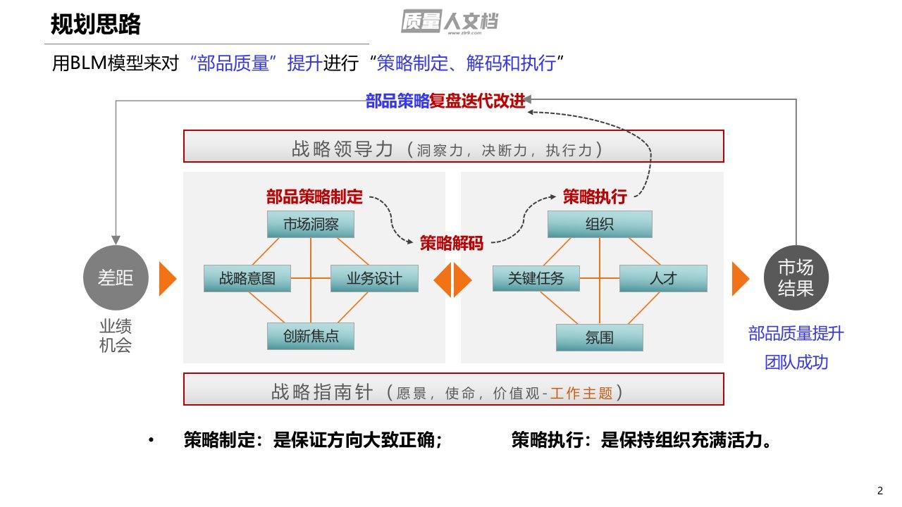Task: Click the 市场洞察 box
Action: coord(311,225)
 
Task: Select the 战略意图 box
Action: coord(247,278)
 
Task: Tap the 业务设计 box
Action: coord(374,278)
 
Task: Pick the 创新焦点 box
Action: coord(311,336)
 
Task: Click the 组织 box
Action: coord(600,225)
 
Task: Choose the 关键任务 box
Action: coord(536,278)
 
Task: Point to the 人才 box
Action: coord(663,278)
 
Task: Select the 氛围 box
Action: coord(600,337)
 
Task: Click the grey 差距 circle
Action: coord(115,279)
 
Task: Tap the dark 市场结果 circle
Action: coord(796,278)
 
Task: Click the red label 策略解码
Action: coord(452,244)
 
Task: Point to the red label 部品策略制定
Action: coord(314,196)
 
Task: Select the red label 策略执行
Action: coord(595,196)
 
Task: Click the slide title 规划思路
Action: coord(96,25)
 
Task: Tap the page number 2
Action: coord(879,491)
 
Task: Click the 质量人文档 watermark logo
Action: coord(450,22)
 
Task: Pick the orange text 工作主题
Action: coord(581,393)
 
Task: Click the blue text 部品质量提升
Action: coord(796,334)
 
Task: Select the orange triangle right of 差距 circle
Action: coord(167,279)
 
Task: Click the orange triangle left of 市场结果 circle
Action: coord(741,279)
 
